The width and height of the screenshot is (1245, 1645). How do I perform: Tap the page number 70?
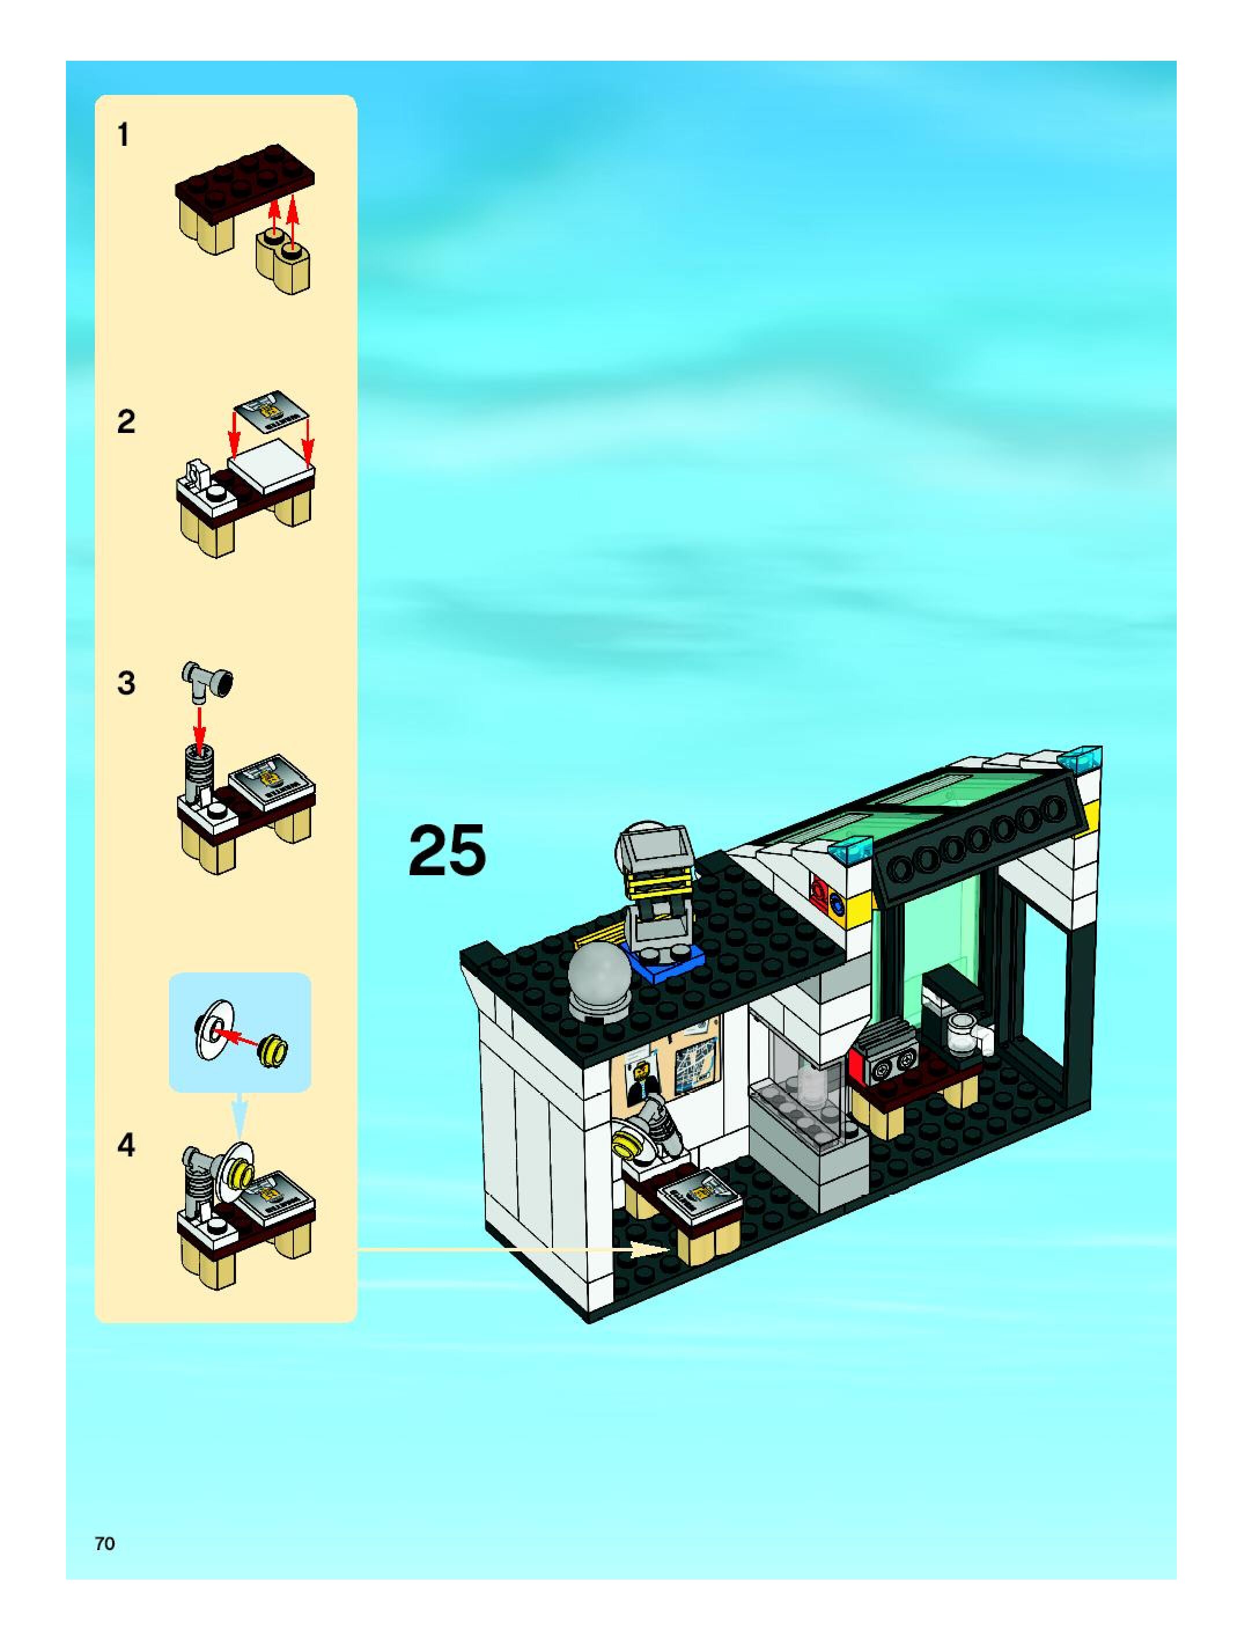click(x=105, y=1544)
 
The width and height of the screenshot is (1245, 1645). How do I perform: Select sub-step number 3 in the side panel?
click(x=126, y=682)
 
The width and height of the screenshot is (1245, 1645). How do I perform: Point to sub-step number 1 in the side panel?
click(x=123, y=135)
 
